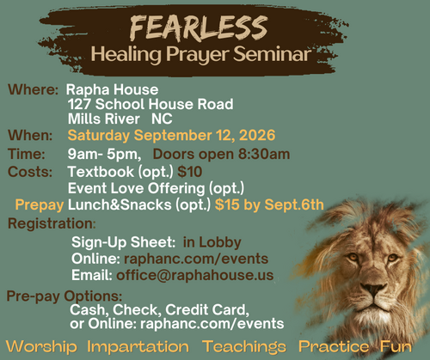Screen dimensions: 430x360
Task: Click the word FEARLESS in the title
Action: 199,27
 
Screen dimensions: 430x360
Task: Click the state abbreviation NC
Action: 162,119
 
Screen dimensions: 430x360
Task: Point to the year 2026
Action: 257,135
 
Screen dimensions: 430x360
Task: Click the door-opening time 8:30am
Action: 264,154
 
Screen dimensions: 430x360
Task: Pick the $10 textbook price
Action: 190,172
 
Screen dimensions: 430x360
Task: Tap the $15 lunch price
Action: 227,204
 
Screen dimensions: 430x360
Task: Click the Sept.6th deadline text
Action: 294,204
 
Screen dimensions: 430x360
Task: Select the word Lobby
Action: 220,242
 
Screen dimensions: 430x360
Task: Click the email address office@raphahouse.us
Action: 195,275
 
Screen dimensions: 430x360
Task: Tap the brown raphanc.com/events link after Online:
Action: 196,259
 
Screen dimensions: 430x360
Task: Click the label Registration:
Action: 52,223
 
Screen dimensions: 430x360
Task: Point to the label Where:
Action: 33,89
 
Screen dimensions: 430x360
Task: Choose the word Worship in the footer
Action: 41,346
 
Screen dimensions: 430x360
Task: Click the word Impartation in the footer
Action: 138,346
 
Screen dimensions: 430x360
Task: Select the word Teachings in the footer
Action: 244,346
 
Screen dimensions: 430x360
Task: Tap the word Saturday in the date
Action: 99,136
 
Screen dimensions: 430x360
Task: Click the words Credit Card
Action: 207,309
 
